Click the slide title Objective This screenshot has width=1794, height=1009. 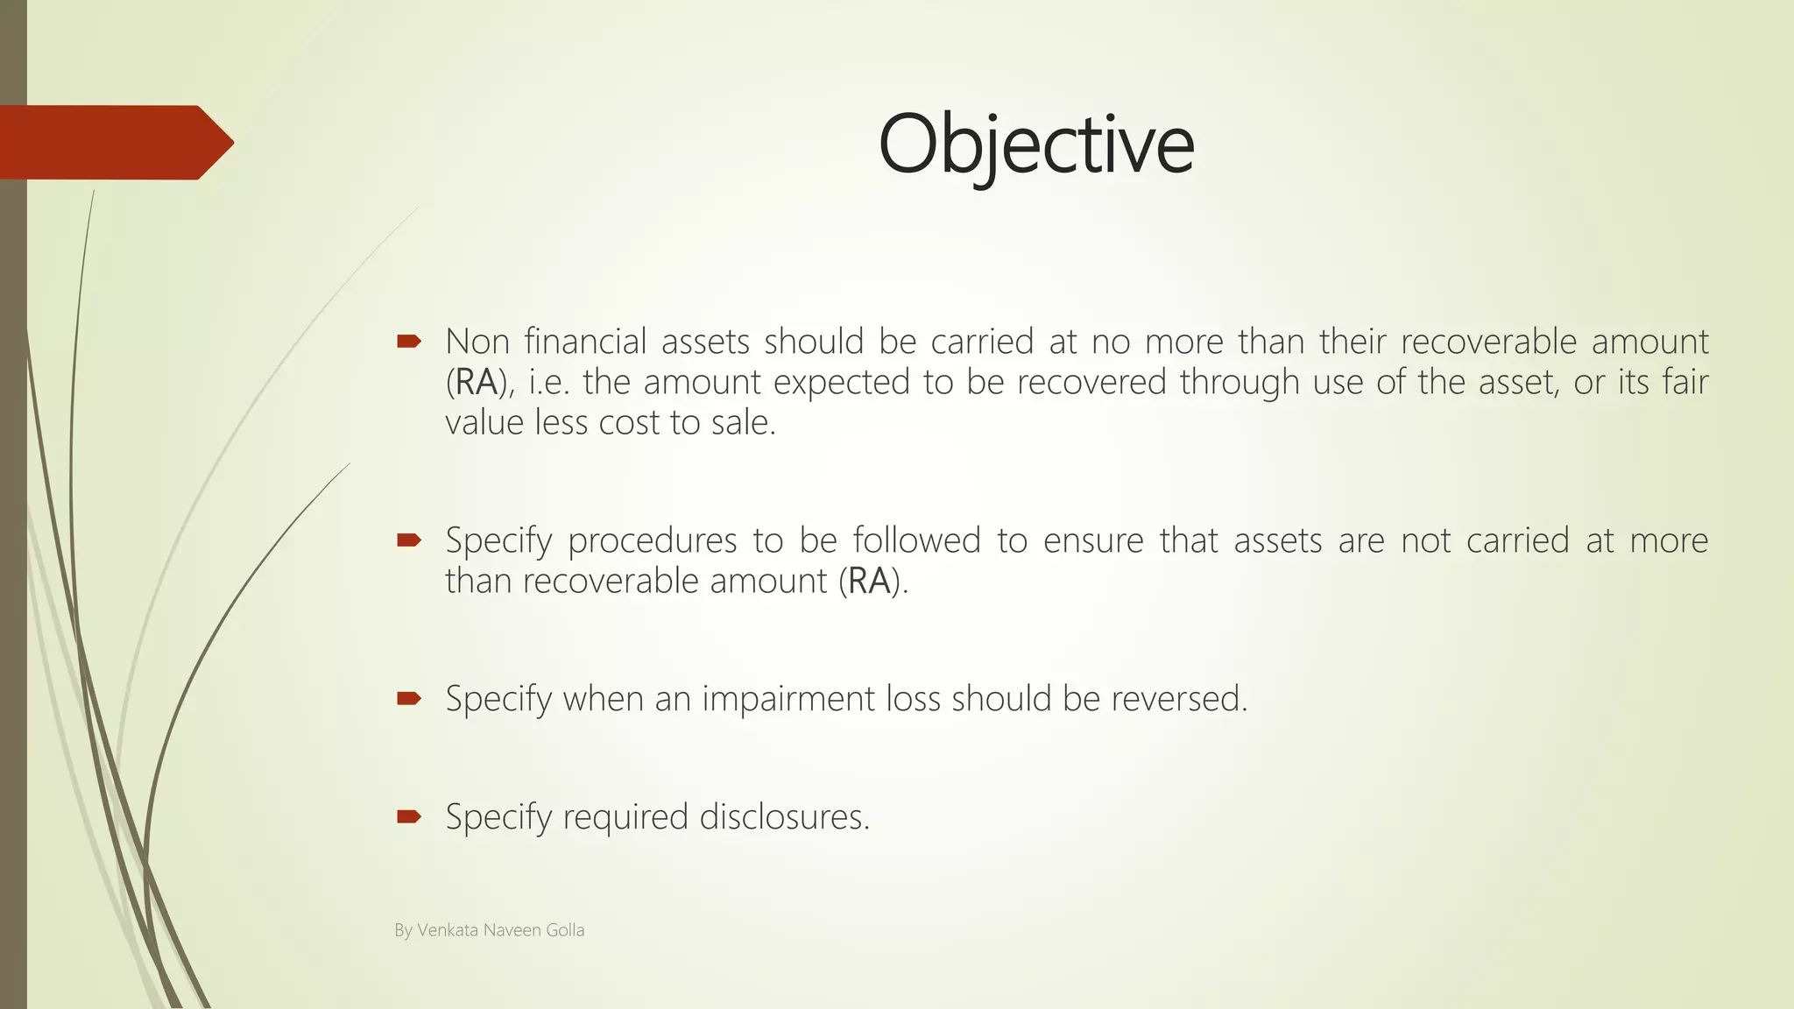[x=1035, y=145]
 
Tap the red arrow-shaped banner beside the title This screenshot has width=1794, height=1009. [x=114, y=143]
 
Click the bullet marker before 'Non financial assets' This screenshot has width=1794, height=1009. [x=409, y=341]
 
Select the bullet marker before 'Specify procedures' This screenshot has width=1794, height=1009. [x=409, y=540]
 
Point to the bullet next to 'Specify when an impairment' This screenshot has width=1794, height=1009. [x=409, y=698]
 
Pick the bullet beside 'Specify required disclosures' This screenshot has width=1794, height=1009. [x=409, y=817]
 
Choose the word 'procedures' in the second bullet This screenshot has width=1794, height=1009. [x=652, y=540]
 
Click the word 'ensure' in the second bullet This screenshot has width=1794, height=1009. [x=1093, y=540]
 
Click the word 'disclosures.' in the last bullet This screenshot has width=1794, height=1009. [x=785, y=817]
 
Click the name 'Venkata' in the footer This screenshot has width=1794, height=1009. [x=448, y=930]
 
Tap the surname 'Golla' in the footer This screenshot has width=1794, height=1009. [x=565, y=930]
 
